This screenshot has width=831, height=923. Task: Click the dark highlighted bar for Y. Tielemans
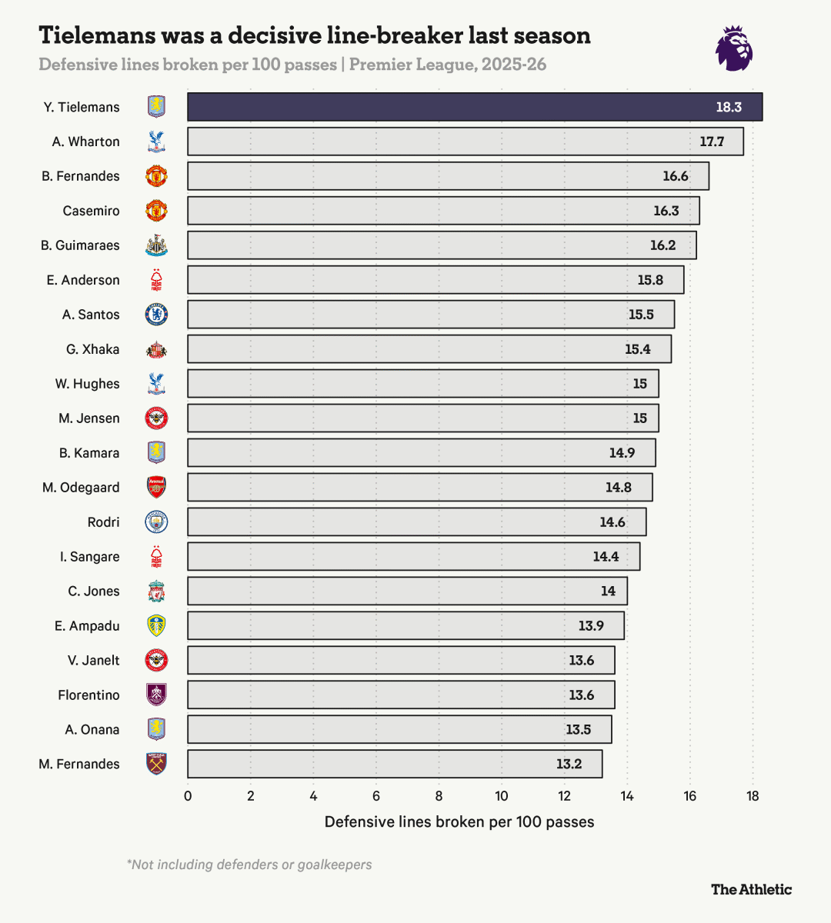475,107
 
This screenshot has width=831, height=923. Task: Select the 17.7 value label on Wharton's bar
712,142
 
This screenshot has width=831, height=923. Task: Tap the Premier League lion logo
734,48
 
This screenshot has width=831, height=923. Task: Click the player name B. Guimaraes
80,245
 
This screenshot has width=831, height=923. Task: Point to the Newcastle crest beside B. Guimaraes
156,245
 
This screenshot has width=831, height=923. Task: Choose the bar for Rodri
416,521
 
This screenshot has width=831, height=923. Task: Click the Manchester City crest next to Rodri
156,521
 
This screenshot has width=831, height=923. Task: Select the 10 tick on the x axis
502,796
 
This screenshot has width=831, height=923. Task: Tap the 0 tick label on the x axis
188,796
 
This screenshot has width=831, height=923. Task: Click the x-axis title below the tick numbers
459,821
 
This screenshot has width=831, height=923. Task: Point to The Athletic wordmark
751,889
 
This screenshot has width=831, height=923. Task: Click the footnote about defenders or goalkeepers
249,865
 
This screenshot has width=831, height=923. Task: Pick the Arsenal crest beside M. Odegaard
156,487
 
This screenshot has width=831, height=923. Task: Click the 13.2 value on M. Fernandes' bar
569,764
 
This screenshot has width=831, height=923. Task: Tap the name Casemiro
91,211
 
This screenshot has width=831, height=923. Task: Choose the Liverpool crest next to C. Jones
156,591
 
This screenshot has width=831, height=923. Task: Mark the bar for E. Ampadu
405,625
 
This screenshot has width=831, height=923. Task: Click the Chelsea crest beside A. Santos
156,315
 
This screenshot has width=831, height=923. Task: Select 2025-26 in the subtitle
514,65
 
